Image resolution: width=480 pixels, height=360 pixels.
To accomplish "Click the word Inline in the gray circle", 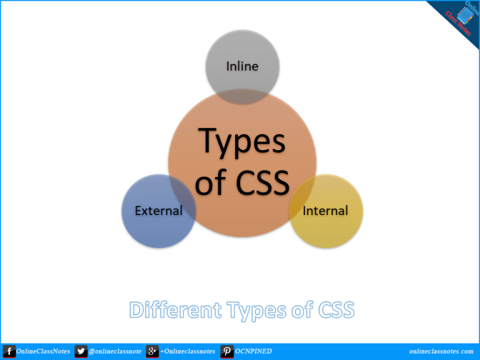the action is point(242,66).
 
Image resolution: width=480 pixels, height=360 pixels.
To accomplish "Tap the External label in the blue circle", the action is point(159,211).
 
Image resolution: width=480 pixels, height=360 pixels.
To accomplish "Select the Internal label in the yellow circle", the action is point(325,211).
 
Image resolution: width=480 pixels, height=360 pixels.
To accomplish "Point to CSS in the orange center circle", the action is point(262,182).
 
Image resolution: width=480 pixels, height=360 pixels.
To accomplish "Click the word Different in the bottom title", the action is point(176,309).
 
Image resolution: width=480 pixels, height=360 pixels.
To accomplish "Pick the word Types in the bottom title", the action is point(256,311).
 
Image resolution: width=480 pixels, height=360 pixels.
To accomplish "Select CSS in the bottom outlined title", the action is point(336,310).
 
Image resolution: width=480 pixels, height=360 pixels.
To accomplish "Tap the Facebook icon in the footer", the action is point(9,351).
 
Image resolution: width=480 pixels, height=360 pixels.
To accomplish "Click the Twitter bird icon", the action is point(81,351).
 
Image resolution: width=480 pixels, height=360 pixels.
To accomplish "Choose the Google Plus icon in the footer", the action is point(152,351).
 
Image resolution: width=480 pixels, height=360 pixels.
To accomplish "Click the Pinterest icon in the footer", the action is point(227,351).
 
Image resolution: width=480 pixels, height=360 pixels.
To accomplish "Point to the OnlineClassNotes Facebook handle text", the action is point(43,351).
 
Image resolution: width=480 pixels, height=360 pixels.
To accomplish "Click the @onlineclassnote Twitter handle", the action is point(115,352).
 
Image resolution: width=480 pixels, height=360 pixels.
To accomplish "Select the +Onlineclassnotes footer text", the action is point(187,351).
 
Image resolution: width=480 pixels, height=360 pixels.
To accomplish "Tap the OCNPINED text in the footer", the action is point(253,351).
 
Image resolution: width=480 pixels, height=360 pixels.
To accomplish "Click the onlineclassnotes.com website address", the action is point(441,351).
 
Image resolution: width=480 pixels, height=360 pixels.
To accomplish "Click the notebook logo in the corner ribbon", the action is point(465,16).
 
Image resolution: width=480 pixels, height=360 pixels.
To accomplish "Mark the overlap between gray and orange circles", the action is point(242,97).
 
